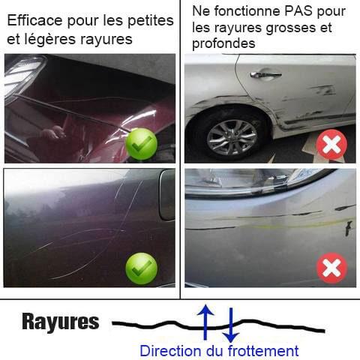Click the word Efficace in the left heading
pyautogui.click(x=34, y=20)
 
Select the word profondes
pyautogui.click(x=223, y=43)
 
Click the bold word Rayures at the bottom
pyautogui.click(x=61, y=322)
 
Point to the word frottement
pyautogui.click(x=263, y=350)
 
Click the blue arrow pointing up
pyautogui.click(x=205, y=322)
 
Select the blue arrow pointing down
pyautogui.click(x=231, y=325)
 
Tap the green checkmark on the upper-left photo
pyautogui.click(x=142, y=144)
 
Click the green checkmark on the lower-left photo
pyautogui.click(x=142, y=268)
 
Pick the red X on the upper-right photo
pyautogui.click(x=331, y=145)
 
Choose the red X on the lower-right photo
pyautogui.click(x=331, y=268)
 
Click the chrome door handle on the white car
pyautogui.click(x=265, y=74)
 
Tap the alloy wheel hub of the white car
pyautogui.click(x=232, y=138)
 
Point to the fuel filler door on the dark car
pyautogui.click(x=167, y=195)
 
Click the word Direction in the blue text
pyautogui.click(x=171, y=350)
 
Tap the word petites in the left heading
pyautogui.click(x=151, y=21)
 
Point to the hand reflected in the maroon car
pyautogui.click(x=53, y=132)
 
